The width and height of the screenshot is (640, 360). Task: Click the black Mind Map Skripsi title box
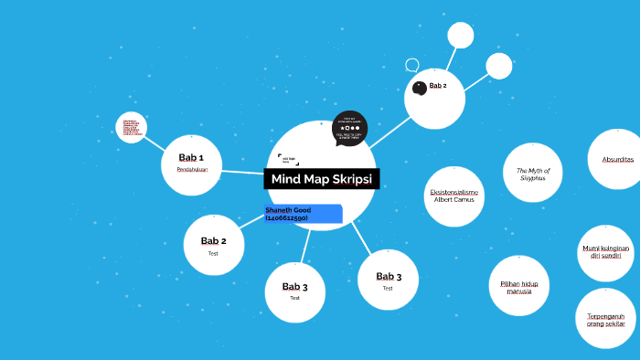tap(322, 178)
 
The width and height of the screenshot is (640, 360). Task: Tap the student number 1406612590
tap(286, 218)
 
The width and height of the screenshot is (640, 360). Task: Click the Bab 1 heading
tap(191, 158)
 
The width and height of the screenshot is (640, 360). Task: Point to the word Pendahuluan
tap(191, 169)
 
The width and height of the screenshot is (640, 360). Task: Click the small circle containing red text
tap(132, 128)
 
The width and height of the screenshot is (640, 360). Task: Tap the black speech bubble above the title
tap(349, 128)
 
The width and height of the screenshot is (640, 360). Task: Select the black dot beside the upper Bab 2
tap(420, 88)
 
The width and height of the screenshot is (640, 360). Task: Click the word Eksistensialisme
tap(453, 193)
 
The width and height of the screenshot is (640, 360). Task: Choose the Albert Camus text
tap(453, 200)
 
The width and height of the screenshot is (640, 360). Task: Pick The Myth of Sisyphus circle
tap(532, 173)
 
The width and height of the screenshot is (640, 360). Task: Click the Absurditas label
tap(618, 160)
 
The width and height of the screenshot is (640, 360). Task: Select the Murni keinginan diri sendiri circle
tap(605, 252)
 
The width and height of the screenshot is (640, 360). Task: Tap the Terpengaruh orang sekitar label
tap(605, 320)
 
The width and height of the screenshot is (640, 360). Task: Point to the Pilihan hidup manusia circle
tap(517, 287)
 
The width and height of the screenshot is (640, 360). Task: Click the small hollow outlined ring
tap(412, 65)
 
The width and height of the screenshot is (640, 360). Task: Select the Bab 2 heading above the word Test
tap(213, 241)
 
